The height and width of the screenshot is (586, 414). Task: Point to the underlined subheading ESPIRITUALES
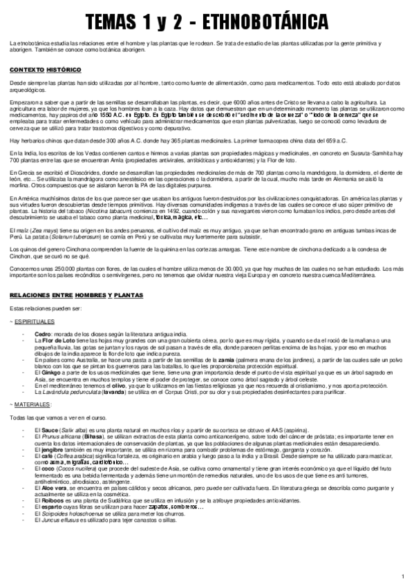(35, 321)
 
